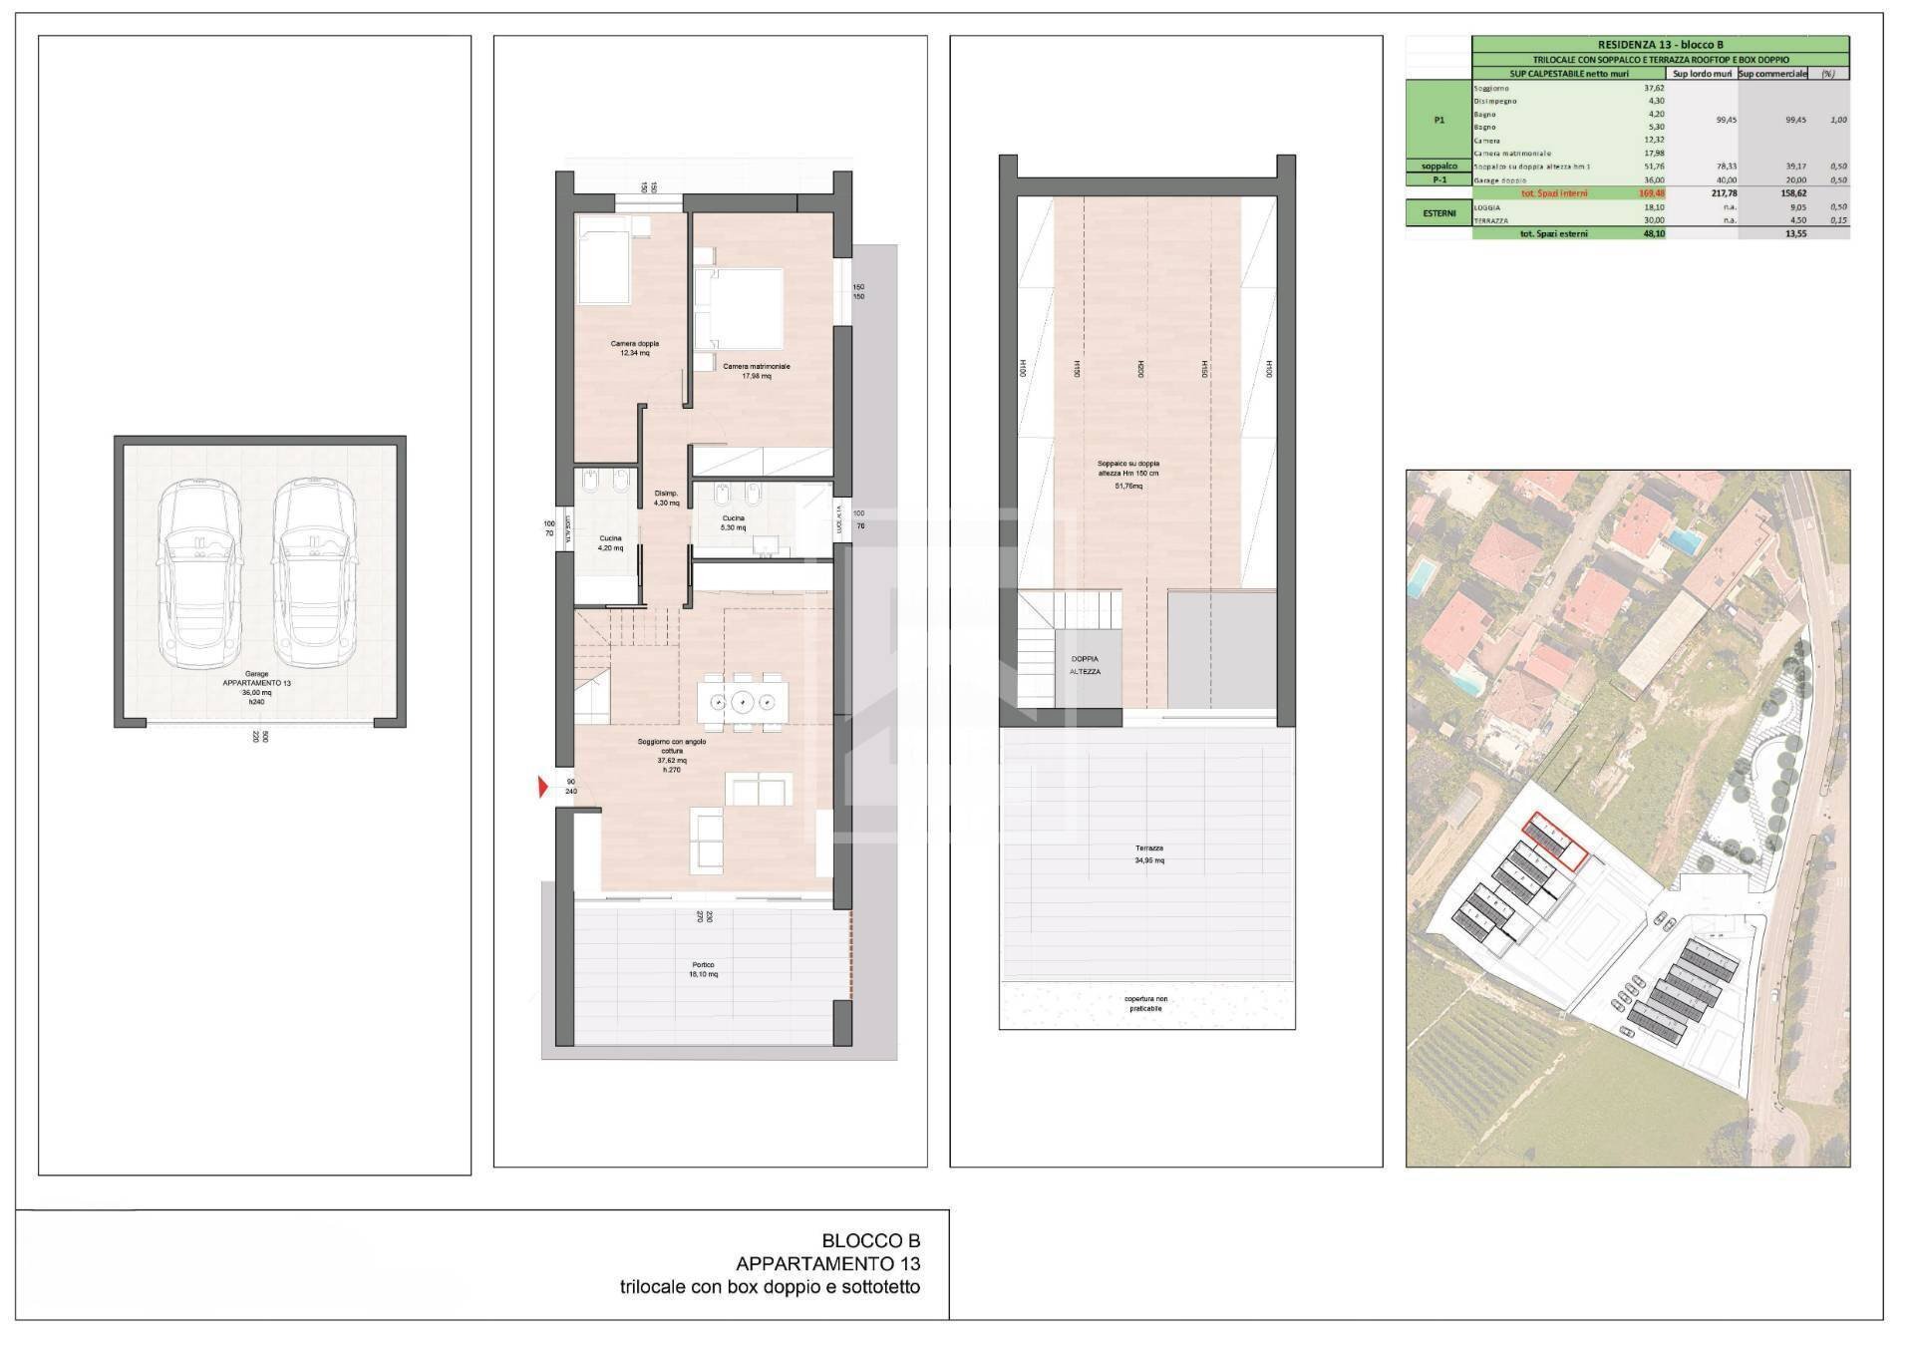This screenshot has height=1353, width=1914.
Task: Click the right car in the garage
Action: (315, 576)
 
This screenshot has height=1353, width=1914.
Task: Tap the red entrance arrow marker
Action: (542, 788)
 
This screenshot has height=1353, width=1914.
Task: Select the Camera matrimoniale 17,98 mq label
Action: (756, 371)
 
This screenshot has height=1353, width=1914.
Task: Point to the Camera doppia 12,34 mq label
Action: (635, 348)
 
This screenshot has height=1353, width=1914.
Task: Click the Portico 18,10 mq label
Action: (704, 969)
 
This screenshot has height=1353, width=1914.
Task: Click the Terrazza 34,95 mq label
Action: (1148, 853)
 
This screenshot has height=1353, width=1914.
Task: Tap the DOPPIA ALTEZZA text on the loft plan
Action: (1085, 665)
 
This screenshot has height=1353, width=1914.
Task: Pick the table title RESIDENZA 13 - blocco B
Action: (1660, 44)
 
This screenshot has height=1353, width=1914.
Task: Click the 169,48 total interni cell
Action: (1651, 192)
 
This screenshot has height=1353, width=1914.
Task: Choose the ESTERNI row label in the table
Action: (1438, 212)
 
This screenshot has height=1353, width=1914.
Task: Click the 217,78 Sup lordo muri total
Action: (1722, 192)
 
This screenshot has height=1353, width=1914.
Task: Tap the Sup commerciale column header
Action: (1772, 73)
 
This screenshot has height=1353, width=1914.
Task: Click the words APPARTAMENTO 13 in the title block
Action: (827, 1264)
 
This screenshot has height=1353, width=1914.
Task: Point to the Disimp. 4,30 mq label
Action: (666, 498)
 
